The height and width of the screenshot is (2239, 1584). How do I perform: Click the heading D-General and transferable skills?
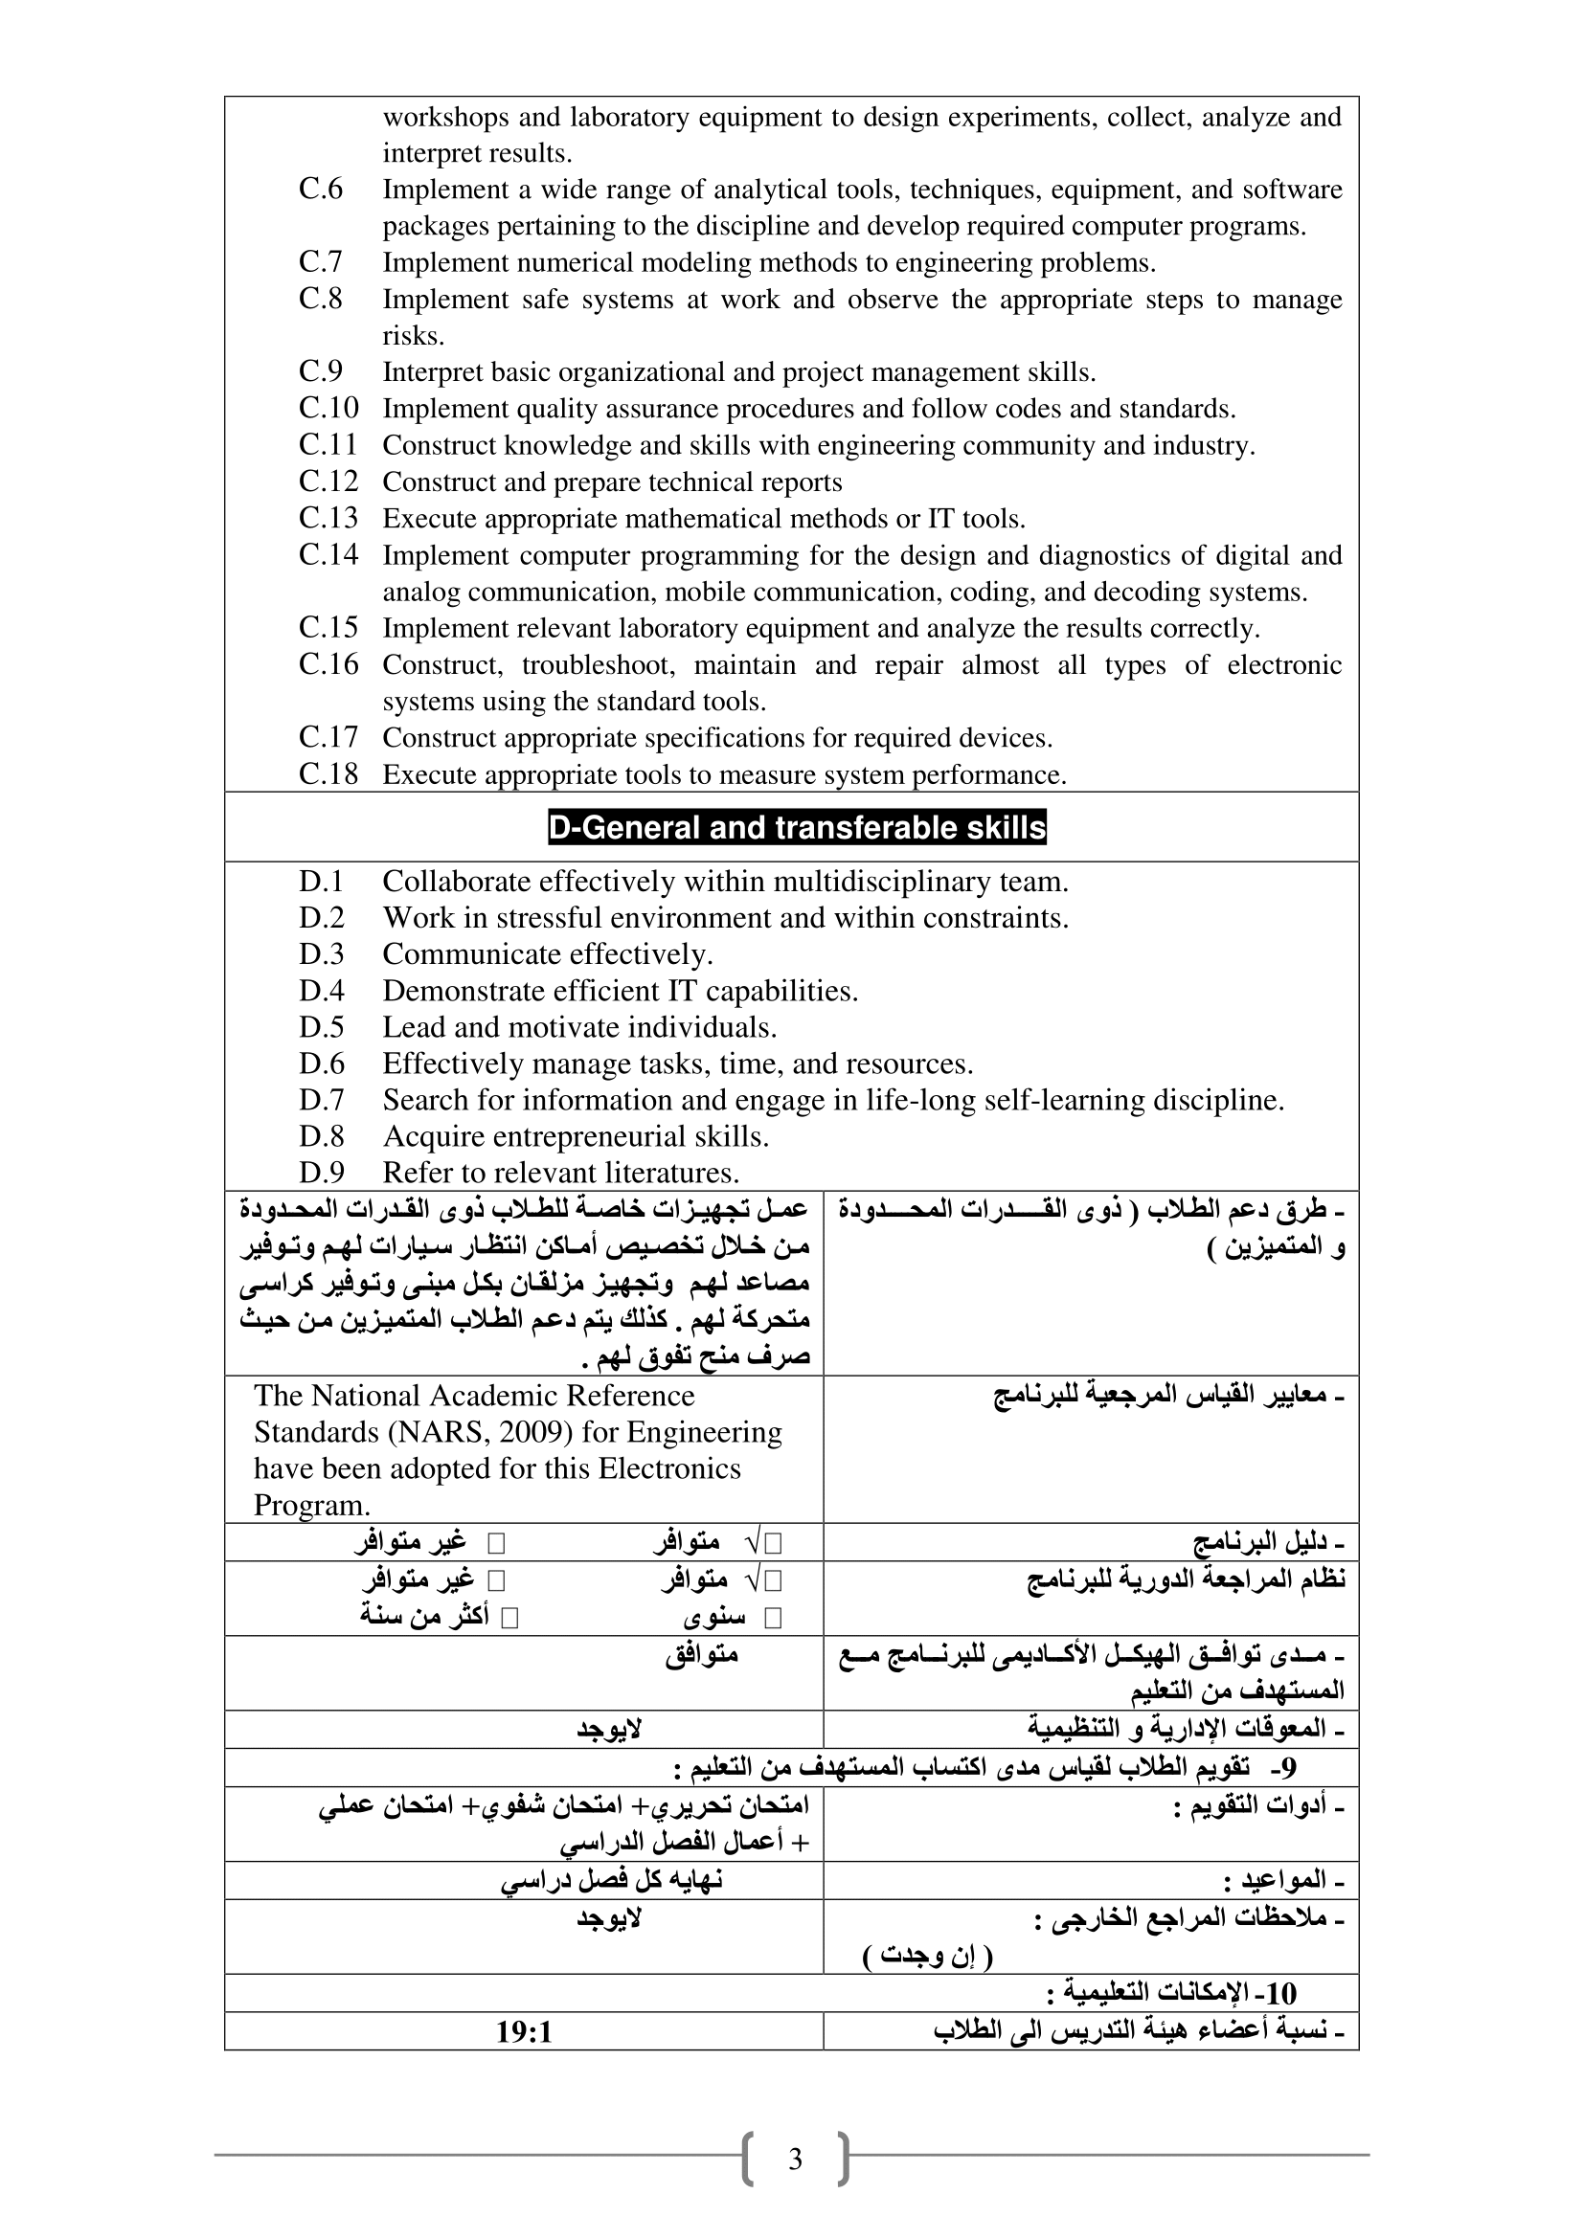[796, 828]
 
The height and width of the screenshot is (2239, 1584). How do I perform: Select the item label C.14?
[328, 555]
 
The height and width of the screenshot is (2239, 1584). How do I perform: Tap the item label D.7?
[322, 1100]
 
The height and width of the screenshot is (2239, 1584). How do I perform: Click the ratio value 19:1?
[524, 2032]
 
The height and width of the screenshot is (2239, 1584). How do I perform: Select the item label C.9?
[321, 371]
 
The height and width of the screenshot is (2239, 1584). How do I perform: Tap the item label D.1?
[322, 882]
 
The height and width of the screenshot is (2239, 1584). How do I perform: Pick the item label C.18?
[328, 774]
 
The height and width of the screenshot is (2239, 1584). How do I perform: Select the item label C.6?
[321, 190]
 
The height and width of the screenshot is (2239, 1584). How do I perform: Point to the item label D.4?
[322, 991]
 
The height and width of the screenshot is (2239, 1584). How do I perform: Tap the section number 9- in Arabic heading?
[1287, 1766]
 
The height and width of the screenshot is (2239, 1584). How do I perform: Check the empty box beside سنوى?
[774, 1619]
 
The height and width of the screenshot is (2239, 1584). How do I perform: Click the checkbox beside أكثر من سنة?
[509, 1619]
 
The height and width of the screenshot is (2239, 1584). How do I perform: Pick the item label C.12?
[328, 481]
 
